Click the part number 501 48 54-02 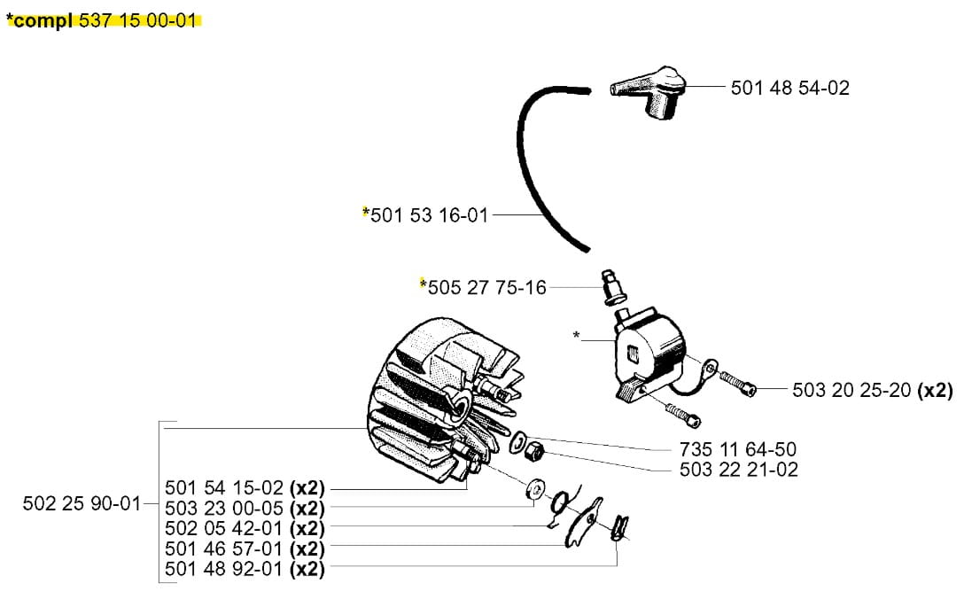point(789,88)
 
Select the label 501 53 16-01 point(429,214)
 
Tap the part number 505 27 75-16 point(486,287)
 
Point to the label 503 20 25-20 point(852,390)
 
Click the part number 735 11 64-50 point(738,449)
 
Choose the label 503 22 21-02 point(738,470)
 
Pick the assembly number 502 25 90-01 point(82,504)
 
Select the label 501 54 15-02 point(224,488)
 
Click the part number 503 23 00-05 point(224,509)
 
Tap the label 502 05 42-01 point(224,528)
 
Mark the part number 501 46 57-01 point(224,548)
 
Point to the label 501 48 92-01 point(224,569)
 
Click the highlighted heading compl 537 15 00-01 point(102,21)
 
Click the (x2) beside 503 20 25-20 point(935,390)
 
